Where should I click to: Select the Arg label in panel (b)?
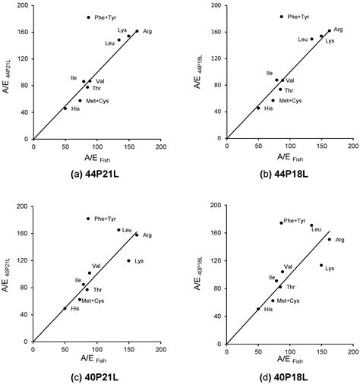[338, 30]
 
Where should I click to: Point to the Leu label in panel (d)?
[315, 229]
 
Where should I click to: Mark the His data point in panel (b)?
[258, 108]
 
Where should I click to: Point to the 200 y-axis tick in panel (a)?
[24, 6]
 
